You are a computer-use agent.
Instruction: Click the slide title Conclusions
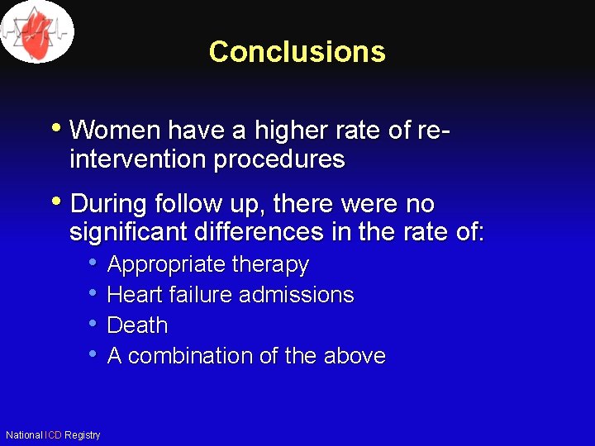click(297, 51)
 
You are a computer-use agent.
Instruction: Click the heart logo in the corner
click(36, 31)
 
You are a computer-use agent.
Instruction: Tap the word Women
click(115, 130)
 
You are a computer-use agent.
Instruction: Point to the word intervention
click(138, 159)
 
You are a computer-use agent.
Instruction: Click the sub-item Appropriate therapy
click(207, 265)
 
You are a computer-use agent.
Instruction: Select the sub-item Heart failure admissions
click(231, 295)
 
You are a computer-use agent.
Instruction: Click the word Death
click(137, 325)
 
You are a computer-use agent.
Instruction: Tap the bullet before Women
click(55, 129)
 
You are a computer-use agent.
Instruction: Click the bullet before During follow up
click(55, 202)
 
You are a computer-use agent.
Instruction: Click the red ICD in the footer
click(53, 435)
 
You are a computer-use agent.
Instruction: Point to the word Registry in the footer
click(82, 435)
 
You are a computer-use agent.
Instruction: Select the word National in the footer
click(24, 435)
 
